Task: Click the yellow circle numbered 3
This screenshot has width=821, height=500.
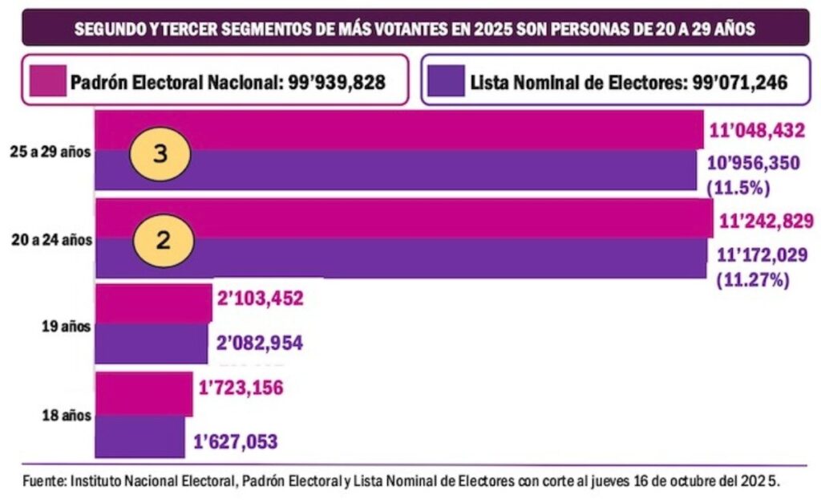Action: pyautogui.click(x=160, y=154)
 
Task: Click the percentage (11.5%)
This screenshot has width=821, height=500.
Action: pyautogui.click(x=738, y=189)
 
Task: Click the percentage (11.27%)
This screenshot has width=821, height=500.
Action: pyautogui.click(x=752, y=280)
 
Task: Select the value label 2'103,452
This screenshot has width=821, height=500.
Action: pyautogui.click(x=260, y=299)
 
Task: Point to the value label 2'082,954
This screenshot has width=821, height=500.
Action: pyautogui.click(x=259, y=343)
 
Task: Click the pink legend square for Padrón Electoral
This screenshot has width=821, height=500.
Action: pyautogui.click(x=47, y=81)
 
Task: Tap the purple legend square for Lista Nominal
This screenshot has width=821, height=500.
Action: pyautogui.click(x=446, y=81)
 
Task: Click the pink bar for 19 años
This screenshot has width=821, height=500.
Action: pyautogui.click(x=153, y=303)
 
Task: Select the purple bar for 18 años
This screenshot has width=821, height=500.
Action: pyautogui.click(x=140, y=437)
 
